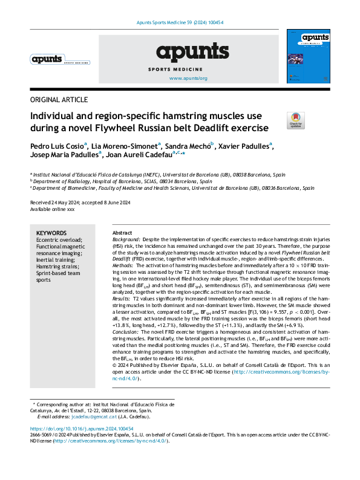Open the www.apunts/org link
[x=188, y=79]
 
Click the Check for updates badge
[x=296, y=120]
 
